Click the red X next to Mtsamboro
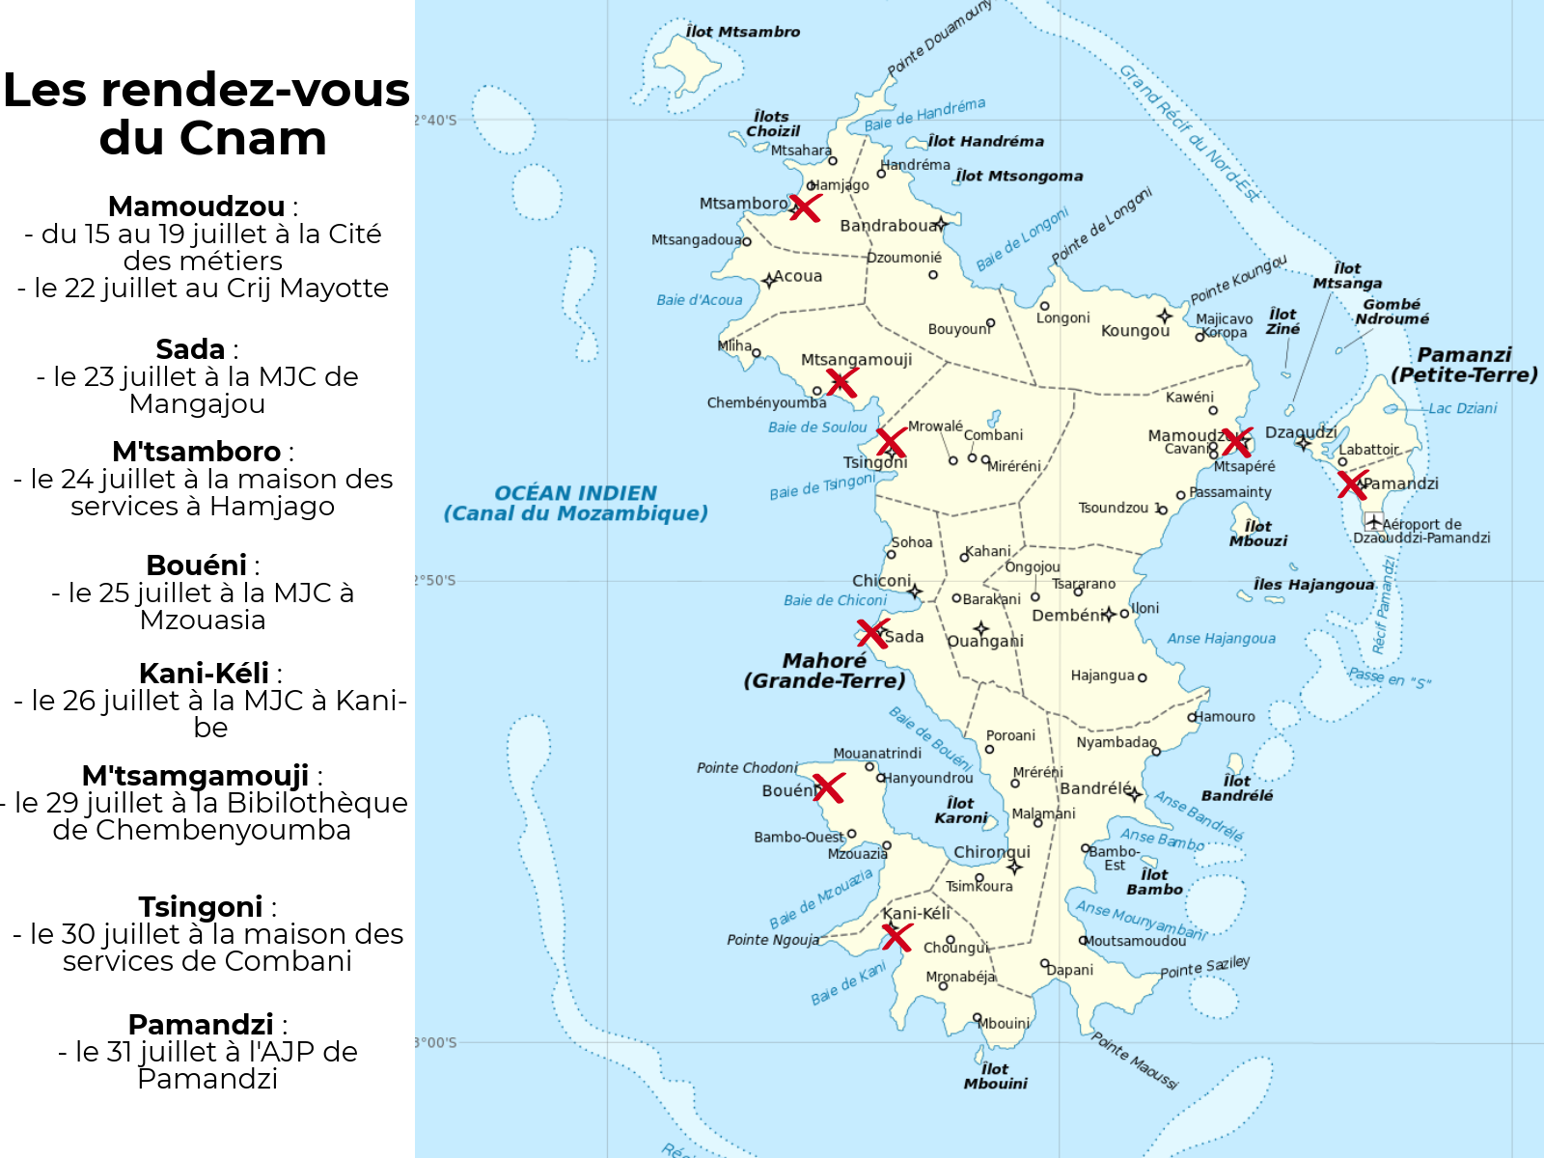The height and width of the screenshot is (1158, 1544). [x=805, y=207]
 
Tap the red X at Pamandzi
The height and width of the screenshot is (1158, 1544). [x=1353, y=484]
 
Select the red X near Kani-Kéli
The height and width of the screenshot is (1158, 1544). [x=896, y=936]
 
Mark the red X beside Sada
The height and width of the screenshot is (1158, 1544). [x=872, y=634]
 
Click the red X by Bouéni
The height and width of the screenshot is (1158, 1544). [x=828, y=787]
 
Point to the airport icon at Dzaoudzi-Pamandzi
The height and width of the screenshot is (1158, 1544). [x=1372, y=522]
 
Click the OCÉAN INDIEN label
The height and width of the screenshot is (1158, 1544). [x=575, y=493]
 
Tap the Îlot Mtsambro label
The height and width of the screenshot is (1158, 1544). [x=742, y=32]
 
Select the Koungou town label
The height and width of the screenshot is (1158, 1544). [x=1135, y=331]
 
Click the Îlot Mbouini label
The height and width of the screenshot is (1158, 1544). [x=995, y=1076]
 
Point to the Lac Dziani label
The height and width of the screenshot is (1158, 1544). [x=1462, y=408]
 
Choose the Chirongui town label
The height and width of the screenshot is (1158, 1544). [x=992, y=852]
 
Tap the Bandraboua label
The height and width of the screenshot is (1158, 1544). [x=888, y=226]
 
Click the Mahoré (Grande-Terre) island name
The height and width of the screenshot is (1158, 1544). [x=824, y=671]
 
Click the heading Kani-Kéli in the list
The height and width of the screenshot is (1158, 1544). [x=204, y=673]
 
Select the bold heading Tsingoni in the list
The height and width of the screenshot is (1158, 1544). [x=200, y=906]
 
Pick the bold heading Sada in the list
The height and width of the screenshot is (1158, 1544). [x=190, y=348]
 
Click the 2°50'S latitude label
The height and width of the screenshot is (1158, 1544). [x=435, y=580]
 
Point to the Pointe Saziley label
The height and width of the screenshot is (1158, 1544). [x=1204, y=967]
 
